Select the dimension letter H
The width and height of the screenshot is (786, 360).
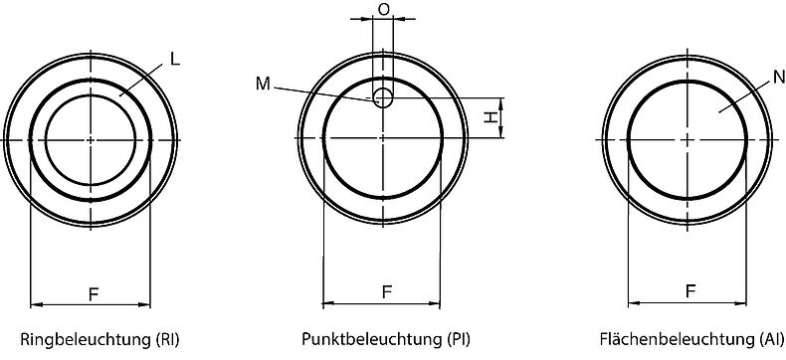tap(491, 118)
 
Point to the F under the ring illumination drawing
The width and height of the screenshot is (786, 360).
tap(93, 293)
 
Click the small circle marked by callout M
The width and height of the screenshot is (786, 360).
tap(383, 96)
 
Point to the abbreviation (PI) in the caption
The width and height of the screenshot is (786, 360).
tap(460, 338)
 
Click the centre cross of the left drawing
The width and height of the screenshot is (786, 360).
tap(91, 139)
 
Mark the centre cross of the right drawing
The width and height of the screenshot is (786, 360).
tap(688, 139)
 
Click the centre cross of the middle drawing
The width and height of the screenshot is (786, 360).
tap(384, 139)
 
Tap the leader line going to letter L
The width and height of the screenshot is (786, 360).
tap(141, 80)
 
